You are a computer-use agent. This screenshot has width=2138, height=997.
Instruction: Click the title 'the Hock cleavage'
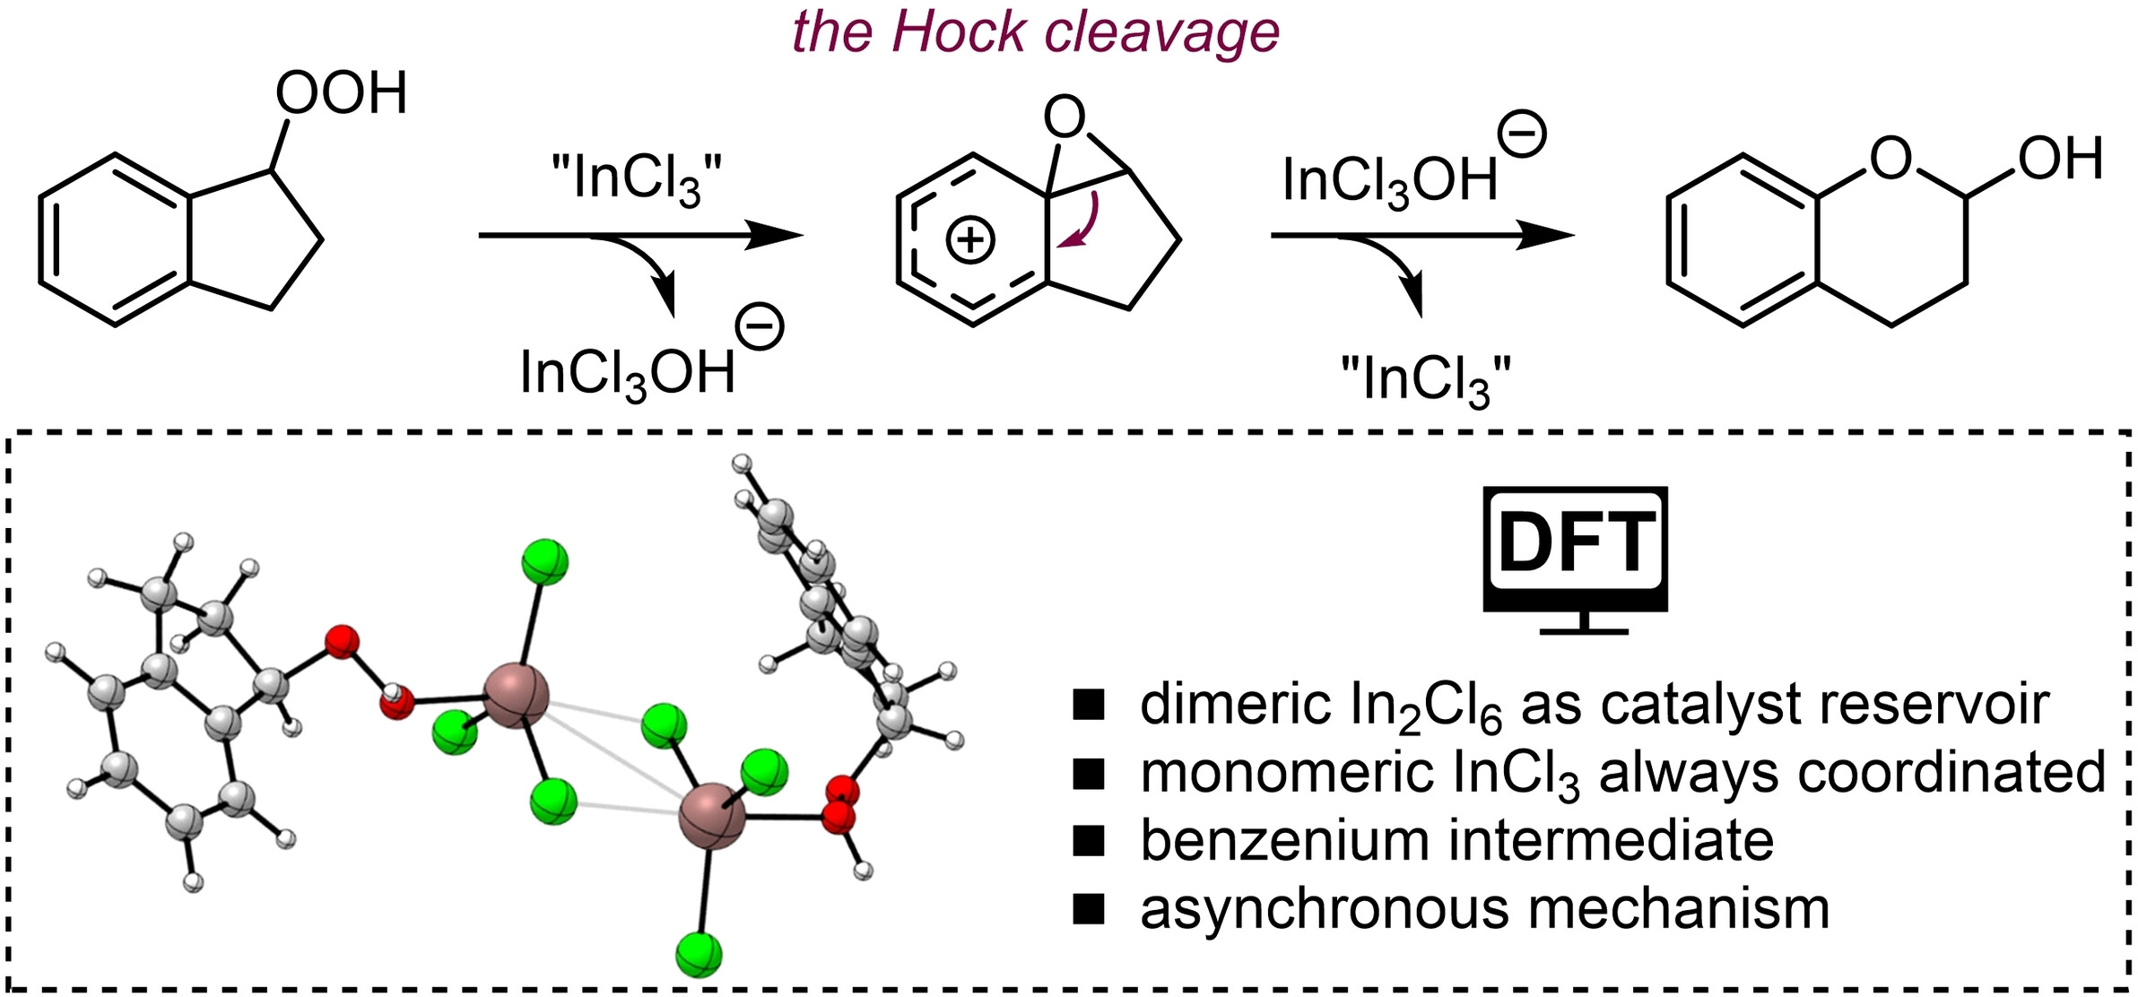[x=1036, y=33]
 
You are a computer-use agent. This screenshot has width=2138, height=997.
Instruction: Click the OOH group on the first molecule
[x=341, y=93]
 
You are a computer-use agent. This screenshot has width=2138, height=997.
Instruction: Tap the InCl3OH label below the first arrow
[x=628, y=373]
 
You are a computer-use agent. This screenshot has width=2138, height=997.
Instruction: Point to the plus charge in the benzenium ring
[x=970, y=240]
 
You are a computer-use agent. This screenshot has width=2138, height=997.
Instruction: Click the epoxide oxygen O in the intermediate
[x=1065, y=118]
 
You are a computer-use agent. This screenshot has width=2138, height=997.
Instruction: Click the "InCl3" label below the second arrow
[x=1425, y=380]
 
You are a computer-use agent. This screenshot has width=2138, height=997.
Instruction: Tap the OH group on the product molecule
[x=2060, y=160]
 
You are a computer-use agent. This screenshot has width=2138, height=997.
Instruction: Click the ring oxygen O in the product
[x=1890, y=160]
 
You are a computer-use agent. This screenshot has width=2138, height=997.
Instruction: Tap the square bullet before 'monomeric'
[x=1089, y=774]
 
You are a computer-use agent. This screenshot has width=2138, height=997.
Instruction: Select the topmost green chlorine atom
[x=544, y=561]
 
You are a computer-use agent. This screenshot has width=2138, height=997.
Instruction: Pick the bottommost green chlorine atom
[x=699, y=954]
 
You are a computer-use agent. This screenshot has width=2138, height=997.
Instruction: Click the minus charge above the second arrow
[x=1522, y=135]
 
